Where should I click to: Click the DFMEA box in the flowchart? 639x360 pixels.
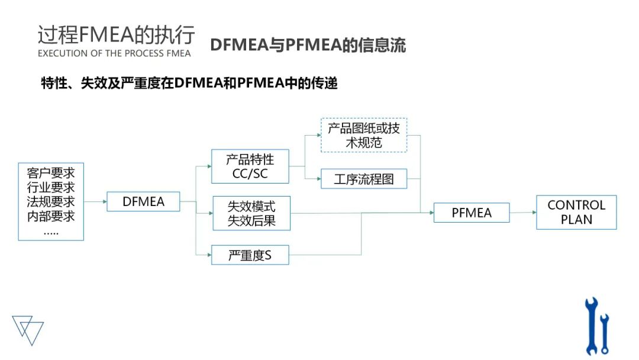143,201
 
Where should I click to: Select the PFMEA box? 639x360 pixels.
472,213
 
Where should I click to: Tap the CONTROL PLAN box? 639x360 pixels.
576,212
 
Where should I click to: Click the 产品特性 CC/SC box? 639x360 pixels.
250,166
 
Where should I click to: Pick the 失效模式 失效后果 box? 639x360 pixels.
251,213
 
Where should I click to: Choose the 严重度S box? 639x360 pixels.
250,255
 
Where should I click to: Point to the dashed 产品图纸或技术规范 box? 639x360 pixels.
364,135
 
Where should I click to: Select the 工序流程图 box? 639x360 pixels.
364,179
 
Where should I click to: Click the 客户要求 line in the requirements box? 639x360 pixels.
51,173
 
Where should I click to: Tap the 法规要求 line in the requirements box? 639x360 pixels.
51,202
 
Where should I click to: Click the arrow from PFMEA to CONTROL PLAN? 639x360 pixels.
522,213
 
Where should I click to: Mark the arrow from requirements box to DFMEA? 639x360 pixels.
95,201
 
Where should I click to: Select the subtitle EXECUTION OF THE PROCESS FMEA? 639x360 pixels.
114,53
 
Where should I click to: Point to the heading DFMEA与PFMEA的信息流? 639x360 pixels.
308,46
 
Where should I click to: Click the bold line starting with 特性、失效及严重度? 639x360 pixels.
189,83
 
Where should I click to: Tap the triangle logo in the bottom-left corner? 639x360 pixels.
28,329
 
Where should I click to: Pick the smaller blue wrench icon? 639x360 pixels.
604,333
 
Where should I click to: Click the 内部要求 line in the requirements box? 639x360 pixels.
51,216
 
